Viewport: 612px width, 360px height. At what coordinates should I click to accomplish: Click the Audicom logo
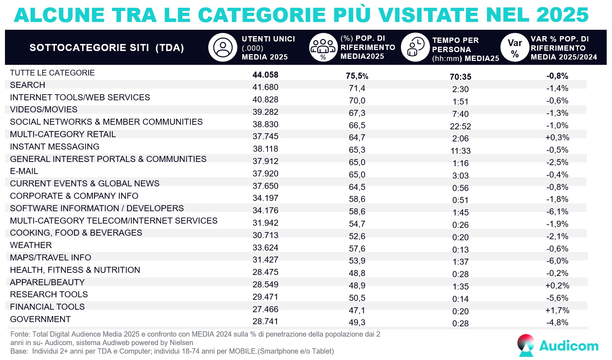point(557,345)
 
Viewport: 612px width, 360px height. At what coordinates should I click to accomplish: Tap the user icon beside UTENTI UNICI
point(222,47)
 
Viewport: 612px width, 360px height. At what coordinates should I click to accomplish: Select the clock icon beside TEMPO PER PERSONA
point(415,47)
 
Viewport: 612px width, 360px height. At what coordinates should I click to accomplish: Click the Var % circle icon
point(515,47)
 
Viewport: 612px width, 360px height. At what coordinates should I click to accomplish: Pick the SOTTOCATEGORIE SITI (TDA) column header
point(107,48)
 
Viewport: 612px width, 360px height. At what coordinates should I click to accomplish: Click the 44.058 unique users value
point(265,75)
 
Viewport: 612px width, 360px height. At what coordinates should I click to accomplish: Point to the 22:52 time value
point(460,126)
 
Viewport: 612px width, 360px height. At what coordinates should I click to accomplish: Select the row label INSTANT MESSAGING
point(55,147)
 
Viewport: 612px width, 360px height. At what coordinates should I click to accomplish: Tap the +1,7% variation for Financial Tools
point(557,310)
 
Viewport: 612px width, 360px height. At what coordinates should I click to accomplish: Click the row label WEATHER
point(31,245)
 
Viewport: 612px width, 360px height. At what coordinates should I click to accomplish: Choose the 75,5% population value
point(357,76)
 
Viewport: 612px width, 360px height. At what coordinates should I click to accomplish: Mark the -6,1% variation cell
point(557,212)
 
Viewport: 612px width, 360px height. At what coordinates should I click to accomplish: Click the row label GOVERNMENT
point(40,319)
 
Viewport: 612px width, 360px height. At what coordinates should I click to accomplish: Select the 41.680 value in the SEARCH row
point(265,87)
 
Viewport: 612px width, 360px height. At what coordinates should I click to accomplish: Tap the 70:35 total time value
point(460,77)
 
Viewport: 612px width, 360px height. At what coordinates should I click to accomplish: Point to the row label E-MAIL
point(24,171)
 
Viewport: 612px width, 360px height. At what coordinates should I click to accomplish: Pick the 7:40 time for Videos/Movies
point(460,114)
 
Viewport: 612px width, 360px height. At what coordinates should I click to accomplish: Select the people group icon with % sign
point(323,47)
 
